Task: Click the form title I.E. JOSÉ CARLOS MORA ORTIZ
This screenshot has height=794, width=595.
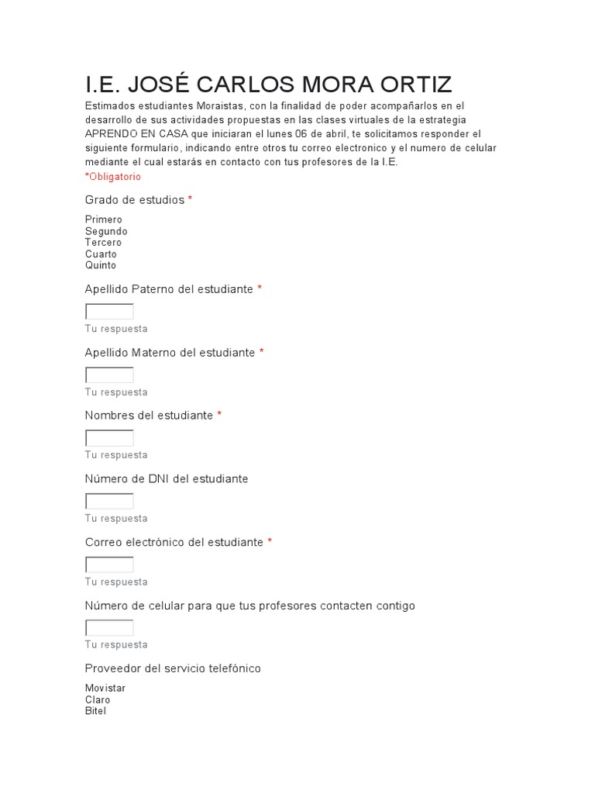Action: tap(269, 85)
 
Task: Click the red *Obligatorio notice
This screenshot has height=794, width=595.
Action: tap(113, 177)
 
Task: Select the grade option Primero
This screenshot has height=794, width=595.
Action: tap(104, 219)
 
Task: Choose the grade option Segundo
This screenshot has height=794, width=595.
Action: tap(106, 231)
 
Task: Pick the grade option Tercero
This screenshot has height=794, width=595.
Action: tap(104, 243)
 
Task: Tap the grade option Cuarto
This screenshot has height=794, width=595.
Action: tap(101, 254)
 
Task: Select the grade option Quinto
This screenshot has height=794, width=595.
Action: tap(101, 265)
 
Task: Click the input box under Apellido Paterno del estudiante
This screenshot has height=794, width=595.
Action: tap(109, 312)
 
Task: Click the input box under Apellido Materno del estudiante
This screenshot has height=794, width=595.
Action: tap(109, 375)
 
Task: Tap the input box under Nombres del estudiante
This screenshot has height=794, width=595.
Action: tap(109, 438)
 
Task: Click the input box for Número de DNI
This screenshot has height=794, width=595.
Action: tap(109, 502)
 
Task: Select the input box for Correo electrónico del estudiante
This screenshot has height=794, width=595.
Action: tap(109, 564)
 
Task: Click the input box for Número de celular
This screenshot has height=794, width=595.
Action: tap(109, 628)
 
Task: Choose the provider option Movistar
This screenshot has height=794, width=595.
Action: tap(105, 689)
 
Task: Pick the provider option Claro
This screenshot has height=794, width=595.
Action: tap(98, 700)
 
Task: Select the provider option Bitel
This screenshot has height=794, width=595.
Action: tap(96, 711)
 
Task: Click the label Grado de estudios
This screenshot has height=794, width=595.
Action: tap(135, 200)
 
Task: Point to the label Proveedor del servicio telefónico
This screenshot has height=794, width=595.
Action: tap(173, 668)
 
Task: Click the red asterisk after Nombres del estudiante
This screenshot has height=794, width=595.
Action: tap(219, 416)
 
